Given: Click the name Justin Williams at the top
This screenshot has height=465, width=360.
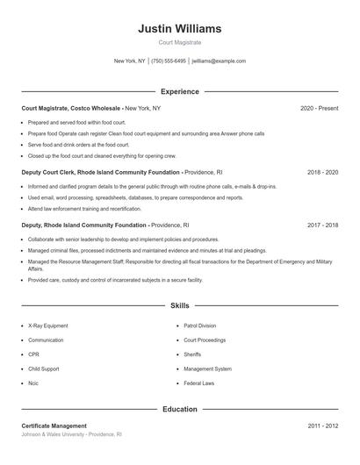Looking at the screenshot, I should (x=179, y=29).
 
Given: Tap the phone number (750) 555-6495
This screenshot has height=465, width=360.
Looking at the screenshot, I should (x=169, y=61).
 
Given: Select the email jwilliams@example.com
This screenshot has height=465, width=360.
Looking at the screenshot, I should (x=219, y=61).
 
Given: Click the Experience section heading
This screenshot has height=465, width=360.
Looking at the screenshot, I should (x=179, y=91).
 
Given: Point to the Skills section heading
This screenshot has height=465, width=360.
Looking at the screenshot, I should (x=179, y=306).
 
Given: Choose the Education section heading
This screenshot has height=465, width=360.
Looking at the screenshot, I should (x=179, y=409).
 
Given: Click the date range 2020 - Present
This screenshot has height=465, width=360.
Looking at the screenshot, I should (x=319, y=108).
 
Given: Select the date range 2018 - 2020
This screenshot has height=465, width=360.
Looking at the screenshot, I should (x=322, y=173).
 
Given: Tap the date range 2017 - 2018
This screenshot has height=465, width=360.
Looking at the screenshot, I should (x=322, y=225).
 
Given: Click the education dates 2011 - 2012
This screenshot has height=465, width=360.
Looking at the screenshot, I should (x=322, y=426).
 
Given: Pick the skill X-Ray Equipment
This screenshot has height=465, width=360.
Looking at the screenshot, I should (x=48, y=325).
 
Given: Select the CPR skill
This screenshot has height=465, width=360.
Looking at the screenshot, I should (x=34, y=354).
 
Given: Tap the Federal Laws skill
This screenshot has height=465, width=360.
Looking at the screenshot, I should (x=199, y=383).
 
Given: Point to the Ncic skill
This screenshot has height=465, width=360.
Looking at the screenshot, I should (x=34, y=383).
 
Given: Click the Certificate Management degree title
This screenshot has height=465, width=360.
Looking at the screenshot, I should (x=54, y=426).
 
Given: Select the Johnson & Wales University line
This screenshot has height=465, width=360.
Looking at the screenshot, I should (x=71, y=434).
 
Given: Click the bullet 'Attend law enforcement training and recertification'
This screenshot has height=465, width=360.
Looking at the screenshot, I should (x=84, y=209).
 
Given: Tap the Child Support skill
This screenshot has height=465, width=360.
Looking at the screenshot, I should (x=44, y=369).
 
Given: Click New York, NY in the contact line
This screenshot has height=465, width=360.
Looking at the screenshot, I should (x=129, y=61).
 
